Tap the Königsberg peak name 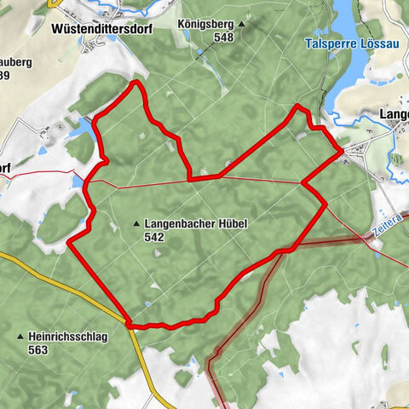point(205,25)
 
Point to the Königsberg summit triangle point(241,25)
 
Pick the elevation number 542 point(154,237)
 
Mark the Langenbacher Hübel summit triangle point(136,224)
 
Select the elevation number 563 point(38,350)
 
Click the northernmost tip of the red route point(135,83)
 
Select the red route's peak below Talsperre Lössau point(297,107)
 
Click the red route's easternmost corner point(343,151)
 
